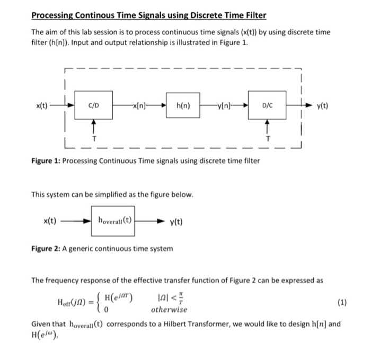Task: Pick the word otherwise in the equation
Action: point(169,310)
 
